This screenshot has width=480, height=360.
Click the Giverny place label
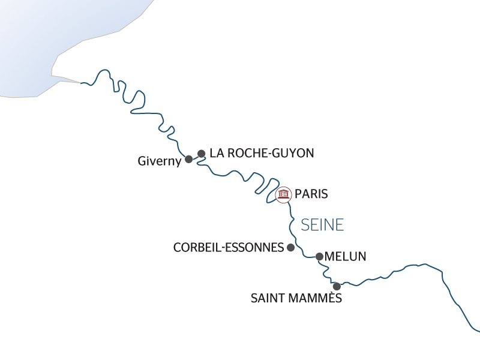click(159, 161)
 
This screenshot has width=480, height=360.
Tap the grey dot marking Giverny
click(189, 159)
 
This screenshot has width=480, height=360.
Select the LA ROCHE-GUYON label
click(262, 153)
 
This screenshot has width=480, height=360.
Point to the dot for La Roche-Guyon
click(202, 154)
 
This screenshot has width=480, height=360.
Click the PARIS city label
click(311, 194)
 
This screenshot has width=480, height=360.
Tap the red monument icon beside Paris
click(283, 194)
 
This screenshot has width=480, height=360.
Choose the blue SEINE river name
click(322, 225)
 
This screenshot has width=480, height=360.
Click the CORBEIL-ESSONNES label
click(227, 247)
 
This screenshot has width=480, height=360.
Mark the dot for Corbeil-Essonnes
click(291, 247)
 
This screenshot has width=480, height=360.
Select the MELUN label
click(345, 257)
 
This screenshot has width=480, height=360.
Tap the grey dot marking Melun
click(319, 257)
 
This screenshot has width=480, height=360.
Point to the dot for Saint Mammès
click(337, 286)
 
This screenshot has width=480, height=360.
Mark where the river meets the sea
click(80, 82)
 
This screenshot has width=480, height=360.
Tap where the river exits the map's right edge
click(478, 330)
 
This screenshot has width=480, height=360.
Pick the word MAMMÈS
click(319, 298)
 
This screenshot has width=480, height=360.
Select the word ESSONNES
click(256, 247)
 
